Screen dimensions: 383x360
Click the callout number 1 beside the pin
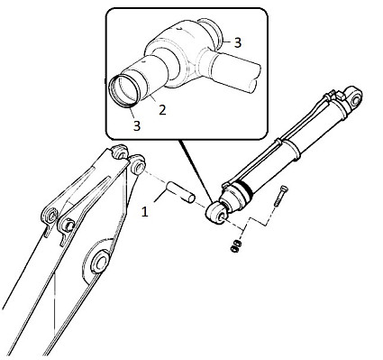click(145, 212)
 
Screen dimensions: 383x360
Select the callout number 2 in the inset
click(162, 110)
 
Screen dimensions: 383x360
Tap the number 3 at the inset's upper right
click(238, 43)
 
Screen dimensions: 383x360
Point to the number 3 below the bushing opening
click(137, 125)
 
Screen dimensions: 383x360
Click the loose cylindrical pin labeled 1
click(180, 192)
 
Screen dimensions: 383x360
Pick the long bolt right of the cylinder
click(280, 196)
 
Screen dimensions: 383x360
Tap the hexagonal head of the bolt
click(283, 189)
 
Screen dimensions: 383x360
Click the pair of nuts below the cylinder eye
click(235, 245)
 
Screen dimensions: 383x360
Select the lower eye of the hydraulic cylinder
click(216, 213)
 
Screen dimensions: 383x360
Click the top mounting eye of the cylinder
click(354, 97)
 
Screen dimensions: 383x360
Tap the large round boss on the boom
click(99, 261)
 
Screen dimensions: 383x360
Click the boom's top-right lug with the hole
click(137, 165)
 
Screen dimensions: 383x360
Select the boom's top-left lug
click(120, 152)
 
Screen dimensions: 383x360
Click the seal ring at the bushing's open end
click(124, 91)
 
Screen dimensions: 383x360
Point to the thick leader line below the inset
click(195, 171)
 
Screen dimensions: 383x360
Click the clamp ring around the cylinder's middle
click(287, 147)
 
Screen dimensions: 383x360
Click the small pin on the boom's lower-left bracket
click(68, 226)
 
